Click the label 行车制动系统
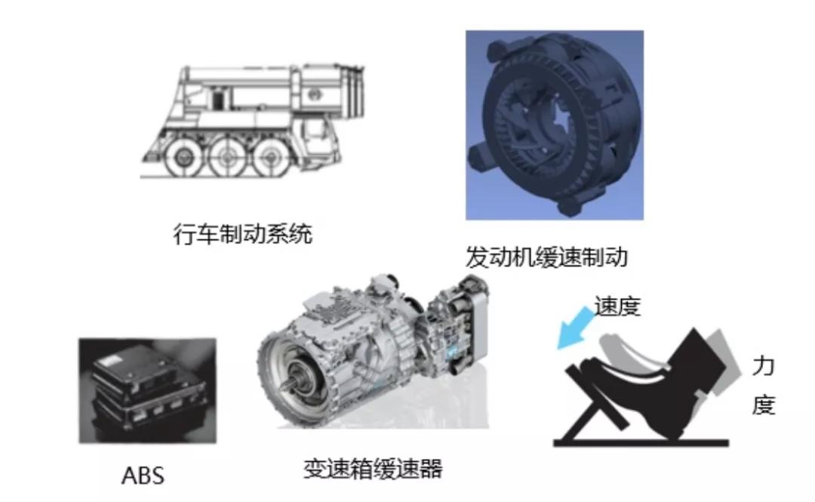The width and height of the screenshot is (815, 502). [x=243, y=234]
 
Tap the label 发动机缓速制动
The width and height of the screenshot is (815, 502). [x=546, y=257]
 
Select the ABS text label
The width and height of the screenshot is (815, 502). [x=143, y=476]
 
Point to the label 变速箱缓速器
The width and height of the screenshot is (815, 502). [x=373, y=469]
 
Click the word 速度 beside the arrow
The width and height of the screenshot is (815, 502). [x=617, y=306]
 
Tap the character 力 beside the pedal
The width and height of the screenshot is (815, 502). [x=764, y=367]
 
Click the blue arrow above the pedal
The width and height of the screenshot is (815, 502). [x=575, y=328]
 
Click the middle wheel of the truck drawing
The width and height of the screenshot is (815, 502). [x=226, y=156]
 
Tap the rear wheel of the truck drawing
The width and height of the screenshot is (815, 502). [x=269, y=156]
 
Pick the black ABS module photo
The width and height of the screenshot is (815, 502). [x=148, y=391]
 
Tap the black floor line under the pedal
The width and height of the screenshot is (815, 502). [x=641, y=442]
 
